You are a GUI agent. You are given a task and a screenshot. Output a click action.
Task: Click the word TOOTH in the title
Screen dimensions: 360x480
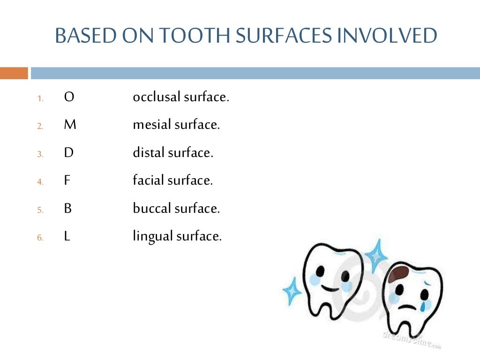tap(194, 36)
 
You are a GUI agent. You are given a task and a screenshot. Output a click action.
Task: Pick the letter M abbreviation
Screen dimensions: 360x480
tap(70, 125)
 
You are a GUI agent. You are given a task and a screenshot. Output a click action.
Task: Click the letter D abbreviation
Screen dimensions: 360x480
tap(68, 153)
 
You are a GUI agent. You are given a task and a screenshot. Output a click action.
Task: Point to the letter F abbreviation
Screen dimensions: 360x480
tap(67, 180)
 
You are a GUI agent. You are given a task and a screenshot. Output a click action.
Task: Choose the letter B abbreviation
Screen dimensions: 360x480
tap(68, 209)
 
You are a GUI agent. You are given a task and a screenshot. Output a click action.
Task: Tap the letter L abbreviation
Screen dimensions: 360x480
tap(67, 236)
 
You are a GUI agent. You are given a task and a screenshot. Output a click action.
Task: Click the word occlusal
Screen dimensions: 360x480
tap(157, 97)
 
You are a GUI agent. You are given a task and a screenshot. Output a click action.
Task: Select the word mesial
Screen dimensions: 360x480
tap(152, 125)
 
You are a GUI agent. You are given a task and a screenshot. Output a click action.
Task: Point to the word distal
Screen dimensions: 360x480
tap(149, 153)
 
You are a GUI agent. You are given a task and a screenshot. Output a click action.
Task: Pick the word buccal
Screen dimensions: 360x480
tap(152, 209)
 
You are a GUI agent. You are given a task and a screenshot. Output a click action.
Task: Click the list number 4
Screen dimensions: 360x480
tap(40, 182)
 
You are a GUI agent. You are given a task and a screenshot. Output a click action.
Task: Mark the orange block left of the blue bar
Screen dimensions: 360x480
tap(14, 73)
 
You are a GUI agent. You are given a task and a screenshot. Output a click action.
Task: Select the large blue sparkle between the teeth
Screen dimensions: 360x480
tap(376, 256)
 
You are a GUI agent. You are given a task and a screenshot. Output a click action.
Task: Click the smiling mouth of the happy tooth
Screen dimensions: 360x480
tap(331, 288)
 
